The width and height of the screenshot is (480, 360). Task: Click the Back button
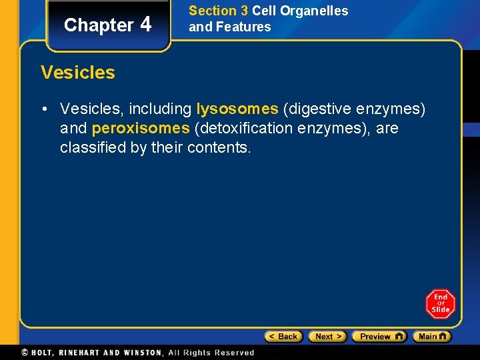coord(283,337)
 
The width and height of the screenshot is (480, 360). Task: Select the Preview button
coord(379,337)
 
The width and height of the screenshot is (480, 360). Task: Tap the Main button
coord(431,337)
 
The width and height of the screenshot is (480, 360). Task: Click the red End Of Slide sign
coord(440,304)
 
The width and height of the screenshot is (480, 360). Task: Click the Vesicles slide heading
coord(78,72)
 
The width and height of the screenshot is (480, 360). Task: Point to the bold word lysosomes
coord(237,109)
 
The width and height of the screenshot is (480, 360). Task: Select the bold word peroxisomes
coord(141,128)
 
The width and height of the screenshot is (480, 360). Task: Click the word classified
coord(91,147)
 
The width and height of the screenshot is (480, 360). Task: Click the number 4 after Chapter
coord(146,24)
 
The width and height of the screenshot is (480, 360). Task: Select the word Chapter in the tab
coord(99,25)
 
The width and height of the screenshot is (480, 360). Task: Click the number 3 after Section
coord(244,11)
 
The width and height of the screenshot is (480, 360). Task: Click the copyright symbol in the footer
coord(25,353)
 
